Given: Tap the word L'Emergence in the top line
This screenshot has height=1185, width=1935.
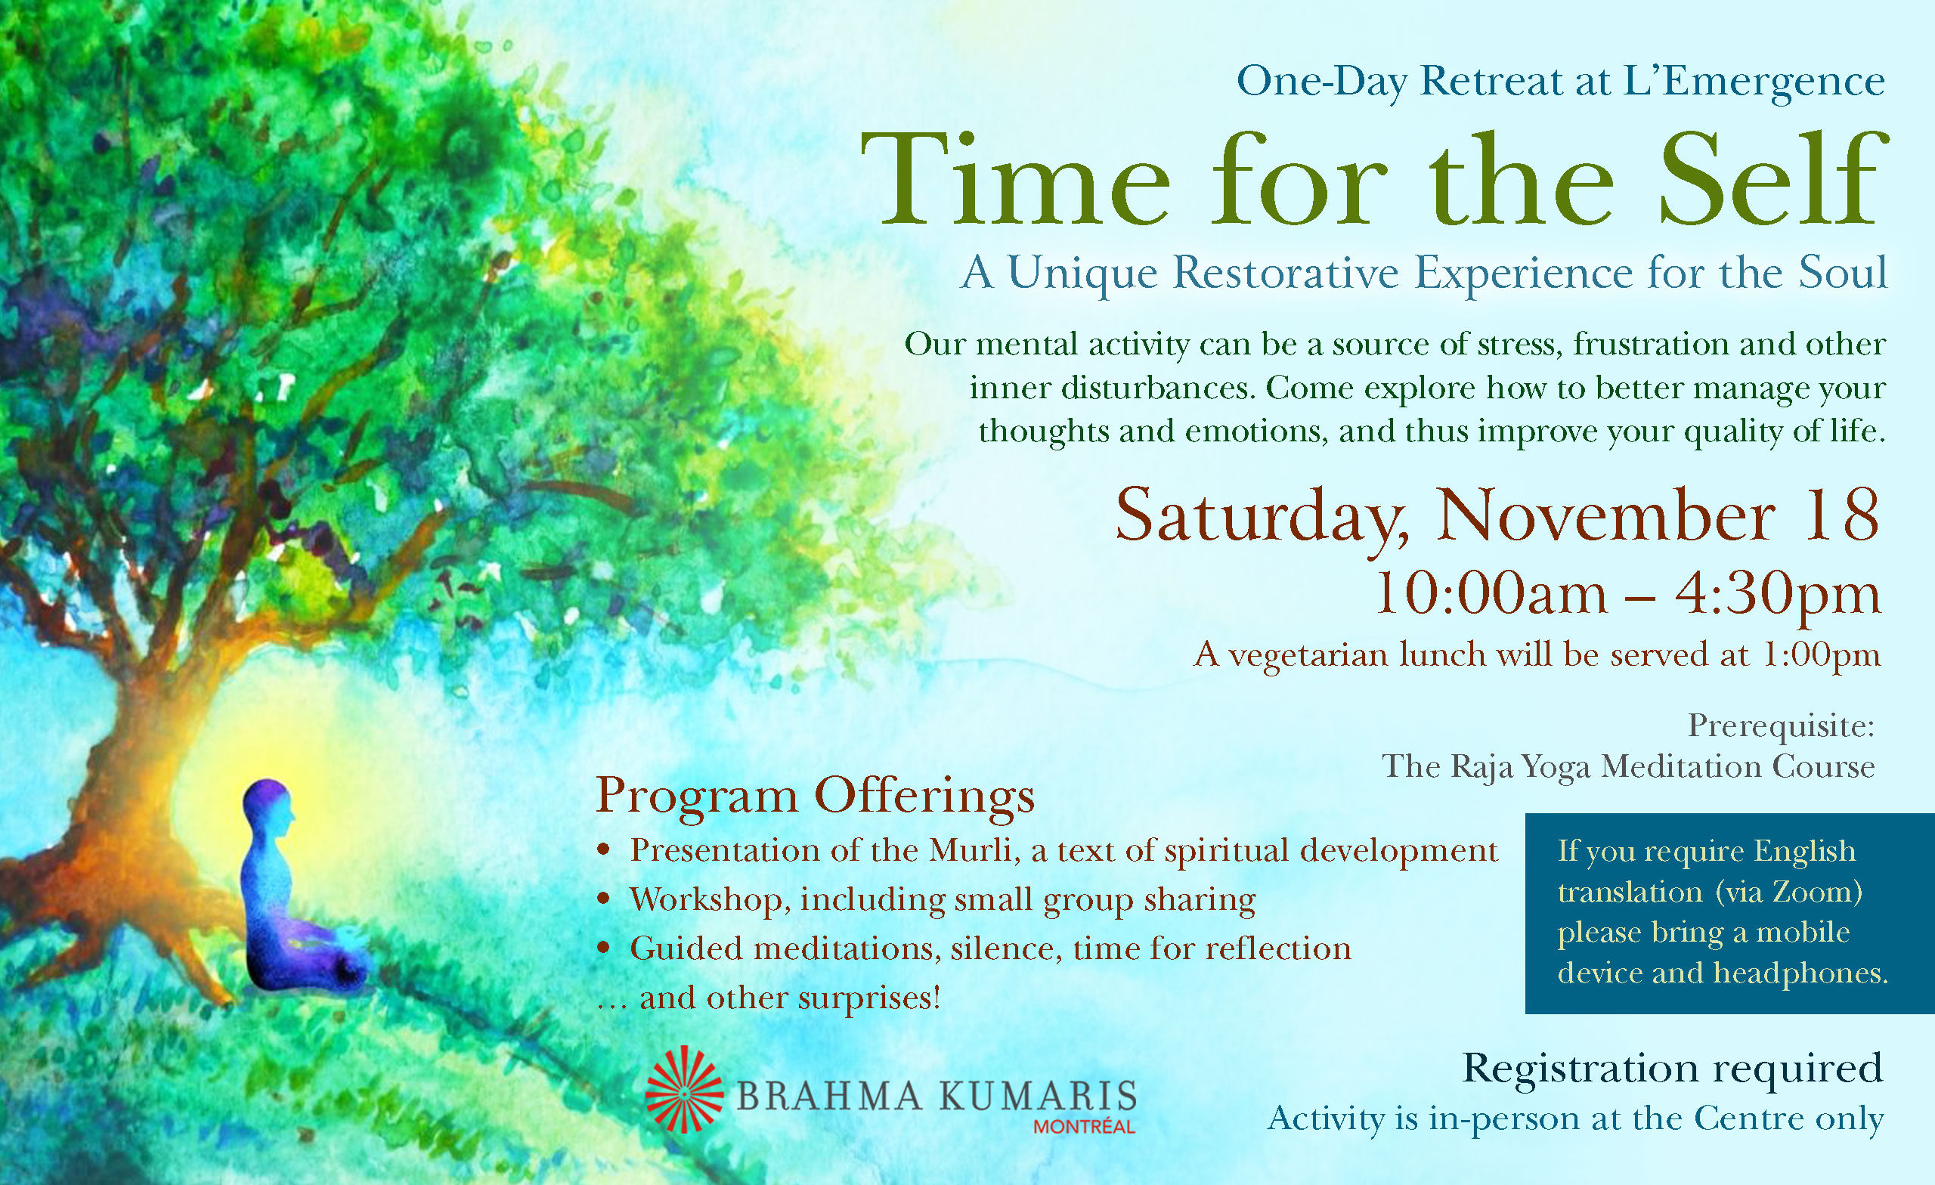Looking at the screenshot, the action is point(1754,81).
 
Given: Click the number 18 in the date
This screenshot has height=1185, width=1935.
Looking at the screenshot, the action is point(1841,515).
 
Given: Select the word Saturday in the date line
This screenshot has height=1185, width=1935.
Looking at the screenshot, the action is point(1262,518).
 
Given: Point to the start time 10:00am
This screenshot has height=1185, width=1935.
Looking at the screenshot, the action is point(1491,595).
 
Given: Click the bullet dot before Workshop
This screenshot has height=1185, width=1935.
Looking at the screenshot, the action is point(603,899).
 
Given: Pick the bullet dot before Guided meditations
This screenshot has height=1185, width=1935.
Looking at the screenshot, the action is point(603,948).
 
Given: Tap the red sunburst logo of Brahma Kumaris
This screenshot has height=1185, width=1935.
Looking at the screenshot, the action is point(684,1089).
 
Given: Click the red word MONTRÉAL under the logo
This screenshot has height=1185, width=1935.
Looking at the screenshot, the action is point(1084,1127).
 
